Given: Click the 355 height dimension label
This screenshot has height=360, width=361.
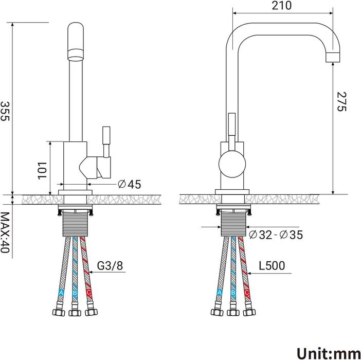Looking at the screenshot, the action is (x=5, y=111).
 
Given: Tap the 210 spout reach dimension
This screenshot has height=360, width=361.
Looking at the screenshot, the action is (x=281, y=6).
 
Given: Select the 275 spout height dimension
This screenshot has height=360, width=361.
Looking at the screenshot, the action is (x=341, y=101).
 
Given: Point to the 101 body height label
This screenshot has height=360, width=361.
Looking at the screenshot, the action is (x=42, y=171).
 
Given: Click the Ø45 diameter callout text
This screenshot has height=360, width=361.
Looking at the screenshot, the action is (x=129, y=184).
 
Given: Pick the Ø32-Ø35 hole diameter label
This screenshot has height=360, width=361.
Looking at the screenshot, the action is (x=276, y=235).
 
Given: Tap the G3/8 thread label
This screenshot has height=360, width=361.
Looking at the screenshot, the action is (x=110, y=265).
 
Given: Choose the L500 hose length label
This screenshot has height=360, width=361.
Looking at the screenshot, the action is (x=272, y=265).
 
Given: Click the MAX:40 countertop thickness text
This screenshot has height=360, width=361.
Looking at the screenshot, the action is (x=5, y=232).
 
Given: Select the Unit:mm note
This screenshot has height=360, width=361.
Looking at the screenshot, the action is (x=329, y=353).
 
